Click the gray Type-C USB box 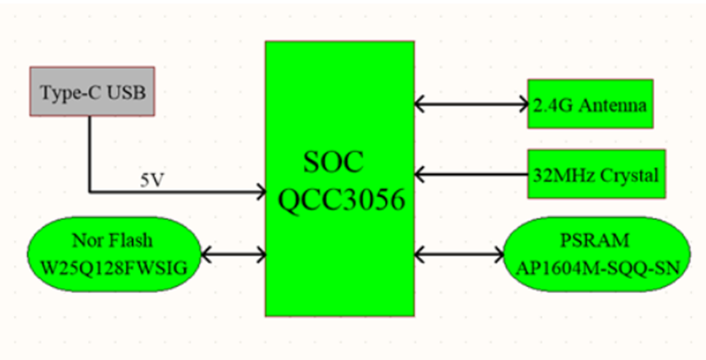click(x=93, y=91)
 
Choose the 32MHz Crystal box click(x=597, y=174)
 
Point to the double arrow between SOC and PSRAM click(x=460, y=254)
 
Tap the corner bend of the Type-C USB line click(x=90, y=192)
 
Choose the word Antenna click(x=616, y=105)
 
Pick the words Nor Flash click(x=112, y=241)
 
